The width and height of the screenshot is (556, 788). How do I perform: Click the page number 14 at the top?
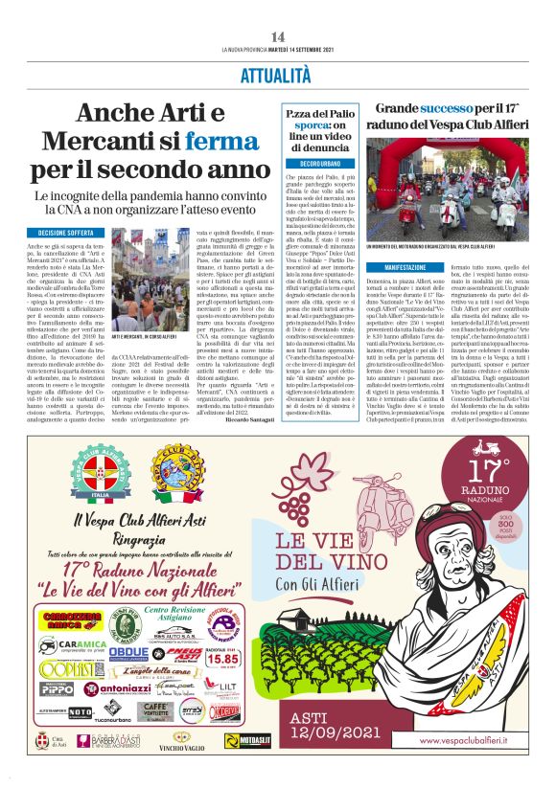(x=278, y=35)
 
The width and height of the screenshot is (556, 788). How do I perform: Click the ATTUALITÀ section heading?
(x=278, y=74)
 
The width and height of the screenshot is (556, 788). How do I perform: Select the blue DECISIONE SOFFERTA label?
(x=66, y=233)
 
